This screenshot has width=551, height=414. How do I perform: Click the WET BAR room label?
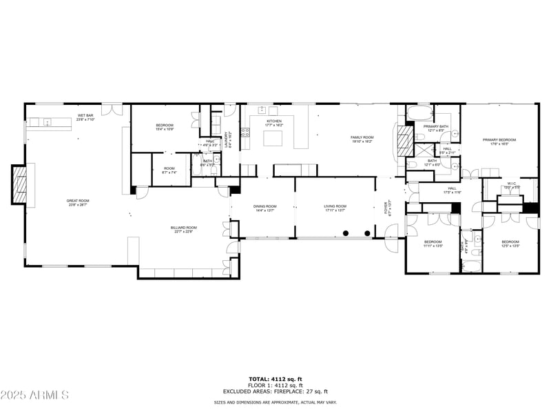click(86, 117)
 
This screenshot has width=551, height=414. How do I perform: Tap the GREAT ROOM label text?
click(79, 202)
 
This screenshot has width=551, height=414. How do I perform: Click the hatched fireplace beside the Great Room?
click(21, 184)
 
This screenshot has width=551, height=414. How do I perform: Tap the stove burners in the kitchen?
click(245, 133)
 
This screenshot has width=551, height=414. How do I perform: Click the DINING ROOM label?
click(264, 207)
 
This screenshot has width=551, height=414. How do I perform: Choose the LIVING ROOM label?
click(335, 207)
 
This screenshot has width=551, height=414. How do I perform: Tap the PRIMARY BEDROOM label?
click(499, 141)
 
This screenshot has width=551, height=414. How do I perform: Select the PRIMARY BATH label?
click(436, 128)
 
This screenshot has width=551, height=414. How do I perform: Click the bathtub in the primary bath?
click(418, 112)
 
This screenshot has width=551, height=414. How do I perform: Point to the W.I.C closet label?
click(512, 186)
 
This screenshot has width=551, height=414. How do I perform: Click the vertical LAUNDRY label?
click(228, 138)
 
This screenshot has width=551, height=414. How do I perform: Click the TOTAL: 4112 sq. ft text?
click(275, 379)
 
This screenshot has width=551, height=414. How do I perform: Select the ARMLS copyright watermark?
click(34, 395)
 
